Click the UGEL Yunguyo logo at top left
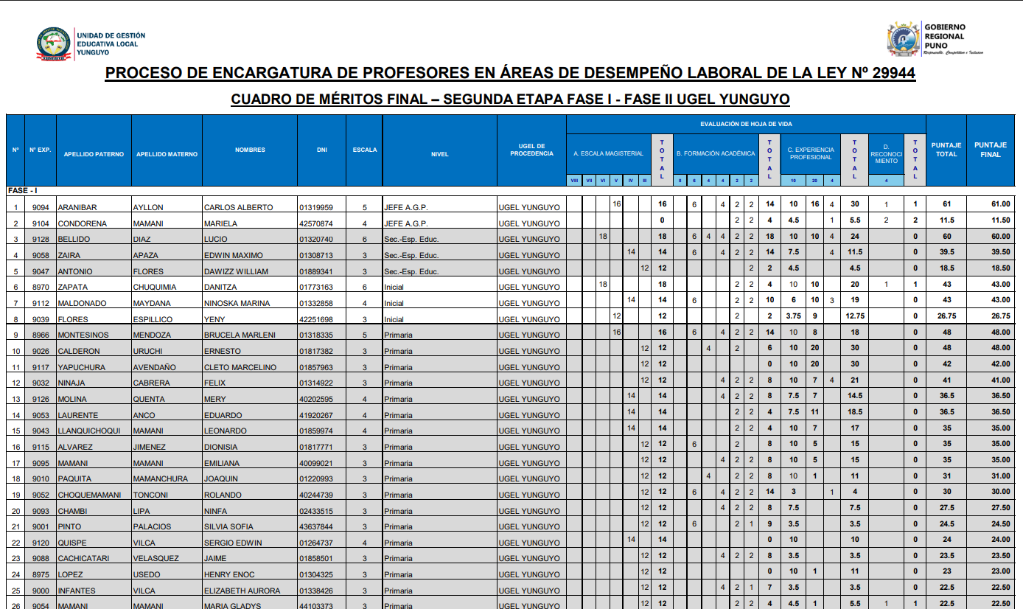55,44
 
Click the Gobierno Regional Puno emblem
904,39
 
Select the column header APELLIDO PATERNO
94,154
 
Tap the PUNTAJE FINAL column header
990,150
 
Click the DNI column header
322,150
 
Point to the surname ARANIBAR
77,207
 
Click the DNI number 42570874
316,223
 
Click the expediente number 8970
41,287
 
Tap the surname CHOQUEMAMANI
89,495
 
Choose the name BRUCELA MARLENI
239,335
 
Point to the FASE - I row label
23,190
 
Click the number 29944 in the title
887,73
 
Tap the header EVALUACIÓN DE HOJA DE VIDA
746,124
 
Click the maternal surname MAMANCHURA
160,478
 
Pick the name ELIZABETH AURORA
242,591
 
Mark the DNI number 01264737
316,543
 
